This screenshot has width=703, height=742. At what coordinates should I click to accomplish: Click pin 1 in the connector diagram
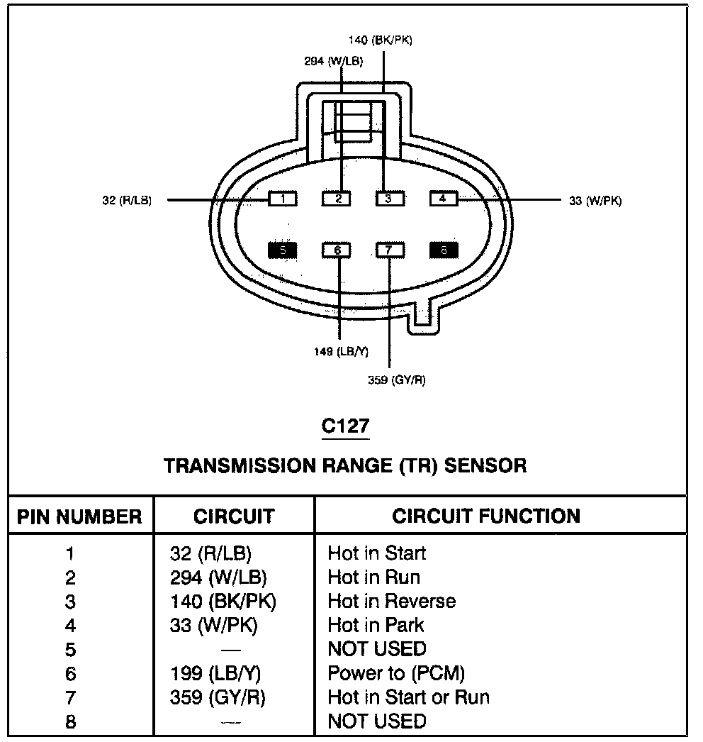[282, 199]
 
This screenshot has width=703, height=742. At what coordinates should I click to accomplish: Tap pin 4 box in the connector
[443, 199]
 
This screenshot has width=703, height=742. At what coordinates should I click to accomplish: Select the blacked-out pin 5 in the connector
[282, 250]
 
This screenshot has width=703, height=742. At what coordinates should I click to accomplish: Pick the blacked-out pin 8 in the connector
[444, 250]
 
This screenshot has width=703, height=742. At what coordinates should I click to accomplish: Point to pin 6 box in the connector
[337, 250]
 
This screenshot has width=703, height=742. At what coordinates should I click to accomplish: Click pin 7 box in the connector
[389, 250]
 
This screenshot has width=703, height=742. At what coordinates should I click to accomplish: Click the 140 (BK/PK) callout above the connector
[381, 40]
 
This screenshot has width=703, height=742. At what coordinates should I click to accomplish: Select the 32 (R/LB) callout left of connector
[127, 201]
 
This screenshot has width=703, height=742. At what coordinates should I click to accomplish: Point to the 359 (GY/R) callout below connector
[397, 380]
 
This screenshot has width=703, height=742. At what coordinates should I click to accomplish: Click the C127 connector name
[345, 426]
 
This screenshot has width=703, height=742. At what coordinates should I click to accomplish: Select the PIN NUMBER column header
[79, 517]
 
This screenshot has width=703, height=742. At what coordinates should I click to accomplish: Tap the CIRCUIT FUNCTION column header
[486, 516]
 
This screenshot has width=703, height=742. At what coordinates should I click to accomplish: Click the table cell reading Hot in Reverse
[391, 602]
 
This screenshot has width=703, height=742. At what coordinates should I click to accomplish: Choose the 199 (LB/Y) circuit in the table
[210, 673]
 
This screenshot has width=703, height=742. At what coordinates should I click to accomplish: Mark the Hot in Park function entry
[376, 626]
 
